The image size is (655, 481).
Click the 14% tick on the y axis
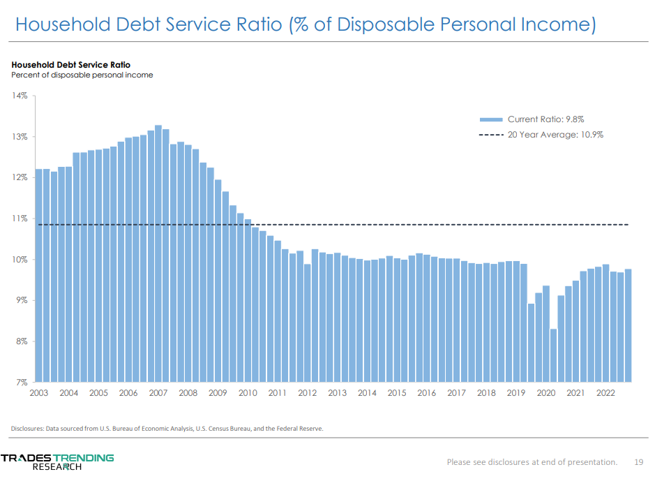click(x=19, y=96)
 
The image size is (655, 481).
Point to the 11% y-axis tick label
click(x=19, y=219)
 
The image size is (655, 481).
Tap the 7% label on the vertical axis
click(x=20, y=383)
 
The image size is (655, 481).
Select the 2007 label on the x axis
click(x=158, y=393)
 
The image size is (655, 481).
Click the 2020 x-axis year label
click(x=545, y=393)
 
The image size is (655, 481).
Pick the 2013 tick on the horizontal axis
click(x=337, y=393)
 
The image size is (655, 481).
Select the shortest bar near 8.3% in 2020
click(x=553, y=355)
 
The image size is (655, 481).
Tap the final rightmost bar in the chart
click(x=628, y=325)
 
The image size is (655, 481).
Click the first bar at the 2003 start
click(x=38, y=276)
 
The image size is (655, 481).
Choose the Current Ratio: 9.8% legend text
click(x=550, y=119)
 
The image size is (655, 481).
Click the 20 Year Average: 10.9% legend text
click(x=555, y=135)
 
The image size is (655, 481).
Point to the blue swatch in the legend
click(x=491, y=119)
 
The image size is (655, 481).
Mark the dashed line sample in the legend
click(x=491, y=135)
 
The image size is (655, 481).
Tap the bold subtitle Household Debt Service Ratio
click(x=70, y=65)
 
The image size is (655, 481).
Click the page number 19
click(x=638, y=461)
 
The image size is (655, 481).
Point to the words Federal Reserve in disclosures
click(x=300, y=428)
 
